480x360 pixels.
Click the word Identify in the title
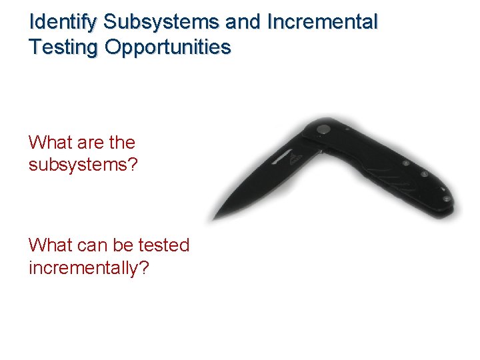[x=64, y=22]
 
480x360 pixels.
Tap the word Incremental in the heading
[x=322, y=22]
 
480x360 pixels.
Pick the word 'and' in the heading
[x=243, y=22]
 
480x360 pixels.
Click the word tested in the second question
[x=164, y=245]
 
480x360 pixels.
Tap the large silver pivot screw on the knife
[x=324, y=129]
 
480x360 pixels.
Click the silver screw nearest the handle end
[x=445, y=198]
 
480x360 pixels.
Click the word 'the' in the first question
[x=121, y=143]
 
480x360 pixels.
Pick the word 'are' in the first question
[x=90, y=143]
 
